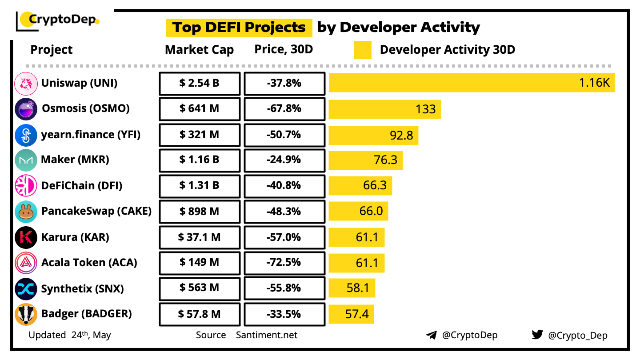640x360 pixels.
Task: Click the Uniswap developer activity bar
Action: click(472, 83)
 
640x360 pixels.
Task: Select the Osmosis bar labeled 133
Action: click(384, 109)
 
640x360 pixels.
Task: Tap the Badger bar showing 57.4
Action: click(351, 314)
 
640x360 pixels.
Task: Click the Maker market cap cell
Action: click(200, 160)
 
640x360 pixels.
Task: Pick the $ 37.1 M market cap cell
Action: click(200, 237)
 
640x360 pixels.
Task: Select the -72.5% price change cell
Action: click(284, 263)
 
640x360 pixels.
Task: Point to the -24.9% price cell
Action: click(284, 160)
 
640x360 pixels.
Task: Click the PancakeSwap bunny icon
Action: click(26, 212)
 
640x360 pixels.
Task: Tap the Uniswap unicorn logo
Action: click(26, 84)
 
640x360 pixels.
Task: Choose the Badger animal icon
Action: click(26, 314)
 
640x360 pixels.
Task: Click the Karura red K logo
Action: click(26, 237)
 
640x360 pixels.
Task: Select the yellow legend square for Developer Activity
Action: click(363, 50)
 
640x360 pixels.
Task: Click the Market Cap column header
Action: click(199, 50)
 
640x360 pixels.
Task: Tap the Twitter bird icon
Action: click(537, 335)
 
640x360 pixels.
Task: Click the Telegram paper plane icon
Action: click(431, 335)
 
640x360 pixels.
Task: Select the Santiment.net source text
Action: click(267, 335)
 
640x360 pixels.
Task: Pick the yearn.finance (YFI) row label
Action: click(91, 135)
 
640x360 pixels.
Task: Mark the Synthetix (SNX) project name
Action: click(82, 289)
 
